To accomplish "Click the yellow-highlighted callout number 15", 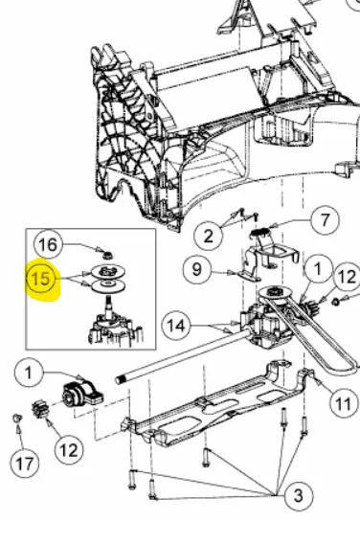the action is pos(41,279).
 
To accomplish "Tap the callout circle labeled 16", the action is pos(48,245).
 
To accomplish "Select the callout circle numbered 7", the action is pos(325,220).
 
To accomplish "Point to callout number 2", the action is pos(208,237).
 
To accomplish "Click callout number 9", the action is pos(196,269).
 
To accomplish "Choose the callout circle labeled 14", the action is pos(177,326).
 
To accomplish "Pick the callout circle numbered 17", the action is pos(24,464).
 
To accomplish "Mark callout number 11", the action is pos(343,403).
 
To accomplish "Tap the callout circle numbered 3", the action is pos(299,495).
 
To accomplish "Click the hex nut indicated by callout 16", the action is pos(107,256).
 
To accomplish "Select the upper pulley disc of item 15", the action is pos(108,271).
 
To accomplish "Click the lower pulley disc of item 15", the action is pos(108,285).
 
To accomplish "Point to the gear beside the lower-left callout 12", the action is pos(39,409).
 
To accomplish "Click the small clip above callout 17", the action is pos(17,419).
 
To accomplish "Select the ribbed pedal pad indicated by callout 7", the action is pos(260,231).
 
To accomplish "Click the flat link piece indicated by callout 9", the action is pos(249,277).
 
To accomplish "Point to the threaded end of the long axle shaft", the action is pos(120,379).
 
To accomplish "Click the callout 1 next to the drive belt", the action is pos(319,268).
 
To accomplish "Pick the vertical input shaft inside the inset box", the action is pos(108,306).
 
